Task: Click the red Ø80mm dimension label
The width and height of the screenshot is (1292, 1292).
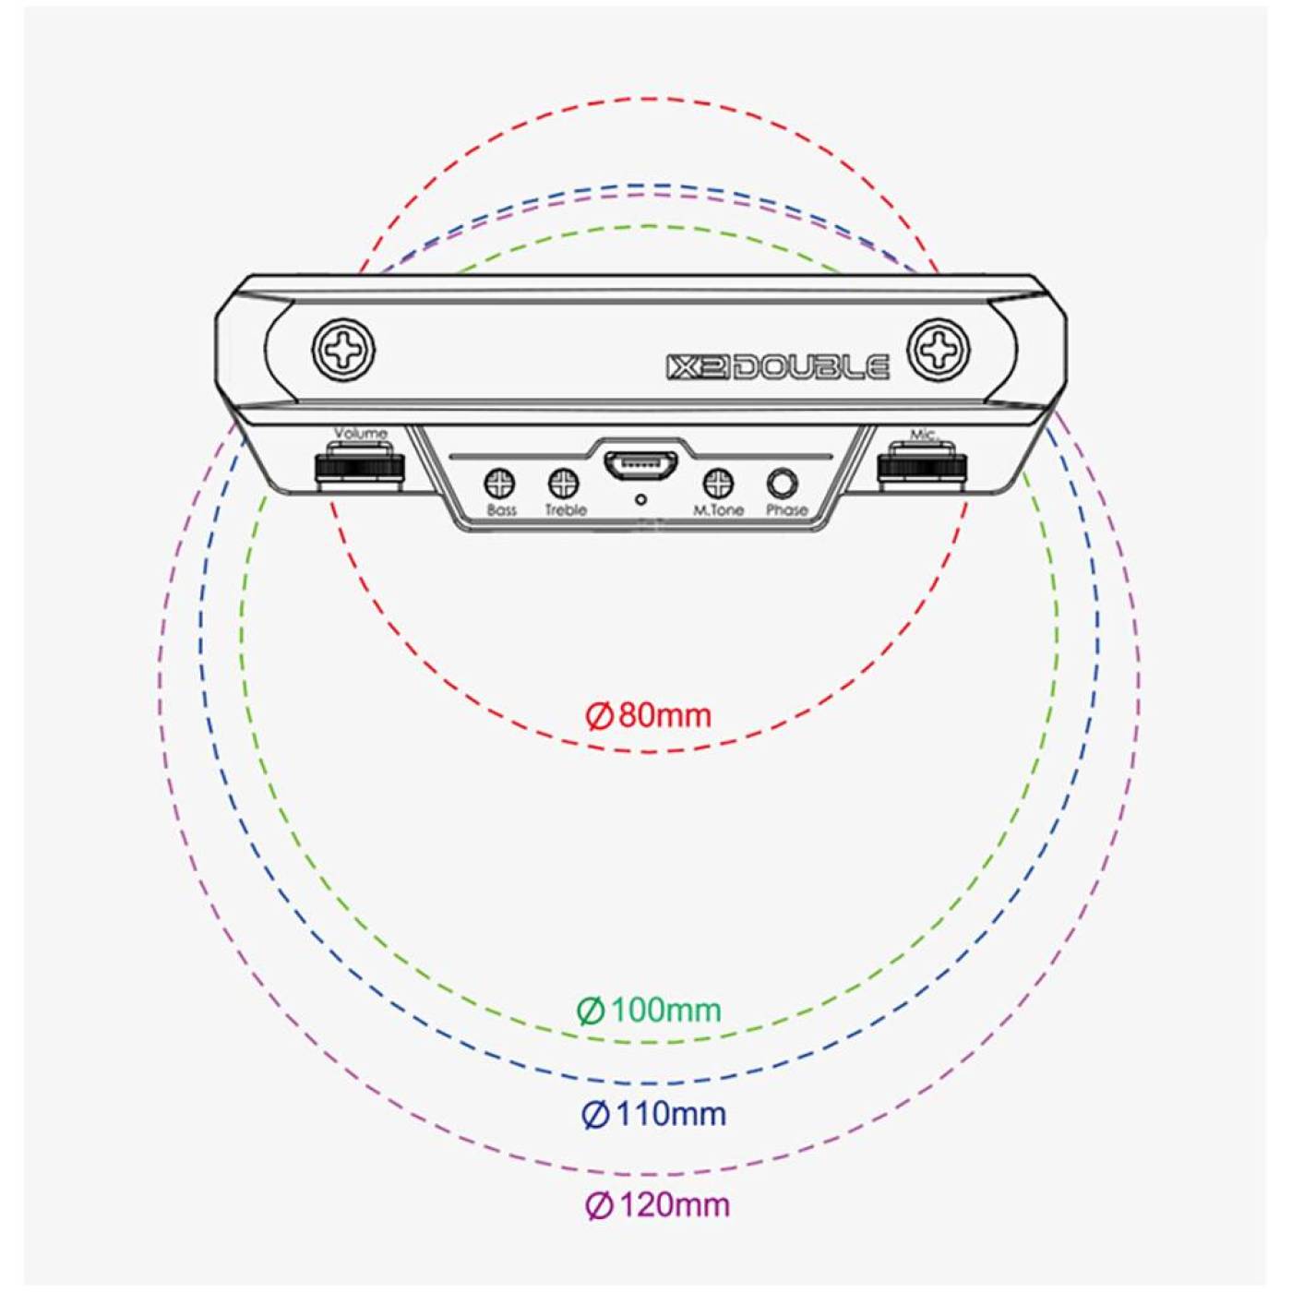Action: click(649, 715)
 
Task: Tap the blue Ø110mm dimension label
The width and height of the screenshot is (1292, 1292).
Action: click(653, 1114)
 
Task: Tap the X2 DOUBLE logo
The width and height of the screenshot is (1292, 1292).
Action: click(778, 366)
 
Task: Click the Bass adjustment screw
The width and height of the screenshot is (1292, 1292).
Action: click(499, 482)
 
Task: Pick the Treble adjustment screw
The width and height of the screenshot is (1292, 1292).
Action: click(564, 482)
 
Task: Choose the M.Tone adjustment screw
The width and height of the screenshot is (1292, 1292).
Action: click(718, 482)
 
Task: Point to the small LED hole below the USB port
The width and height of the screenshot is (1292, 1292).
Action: click(641, 499)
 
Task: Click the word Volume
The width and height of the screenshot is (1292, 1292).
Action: click(361, 433)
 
